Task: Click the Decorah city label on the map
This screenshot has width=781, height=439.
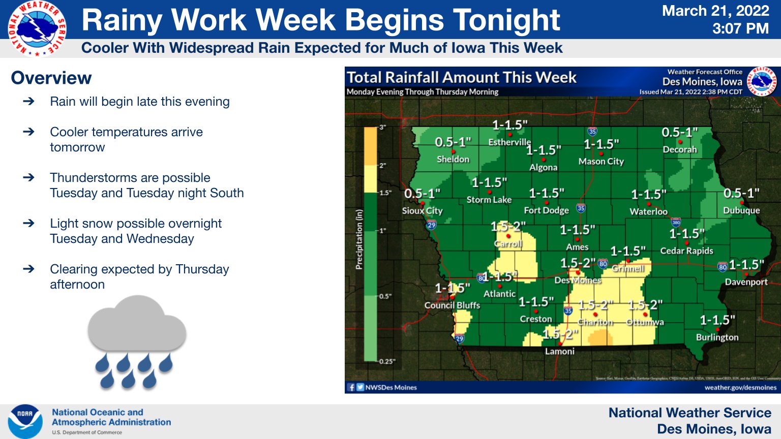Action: [679, 149]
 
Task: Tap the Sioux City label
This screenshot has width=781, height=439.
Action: [422, 210]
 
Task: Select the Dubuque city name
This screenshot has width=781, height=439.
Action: [741, 210]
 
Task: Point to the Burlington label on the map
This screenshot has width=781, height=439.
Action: [717, 337]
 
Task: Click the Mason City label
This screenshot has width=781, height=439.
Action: [601, 161]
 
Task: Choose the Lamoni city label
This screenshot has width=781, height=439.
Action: [559, 351]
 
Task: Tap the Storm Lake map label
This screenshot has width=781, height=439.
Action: [489, 200]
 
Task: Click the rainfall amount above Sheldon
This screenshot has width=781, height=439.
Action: [453, 142]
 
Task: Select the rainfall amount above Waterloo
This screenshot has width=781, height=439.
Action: [649, 195]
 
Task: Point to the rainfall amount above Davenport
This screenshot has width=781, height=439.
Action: [746, 265]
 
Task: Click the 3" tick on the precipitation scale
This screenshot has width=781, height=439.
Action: [382, 127]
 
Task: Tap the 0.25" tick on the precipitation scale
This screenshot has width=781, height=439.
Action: [386, 361]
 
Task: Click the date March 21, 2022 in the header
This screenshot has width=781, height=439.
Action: [715, 11]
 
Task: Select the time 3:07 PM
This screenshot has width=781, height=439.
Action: [740, 28]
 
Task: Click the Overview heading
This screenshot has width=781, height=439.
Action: [51, 78]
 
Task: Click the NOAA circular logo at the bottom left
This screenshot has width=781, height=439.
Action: [25, 421]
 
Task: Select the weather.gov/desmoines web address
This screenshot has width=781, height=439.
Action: [740, 387]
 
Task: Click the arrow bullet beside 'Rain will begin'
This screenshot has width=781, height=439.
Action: [29, 101]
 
